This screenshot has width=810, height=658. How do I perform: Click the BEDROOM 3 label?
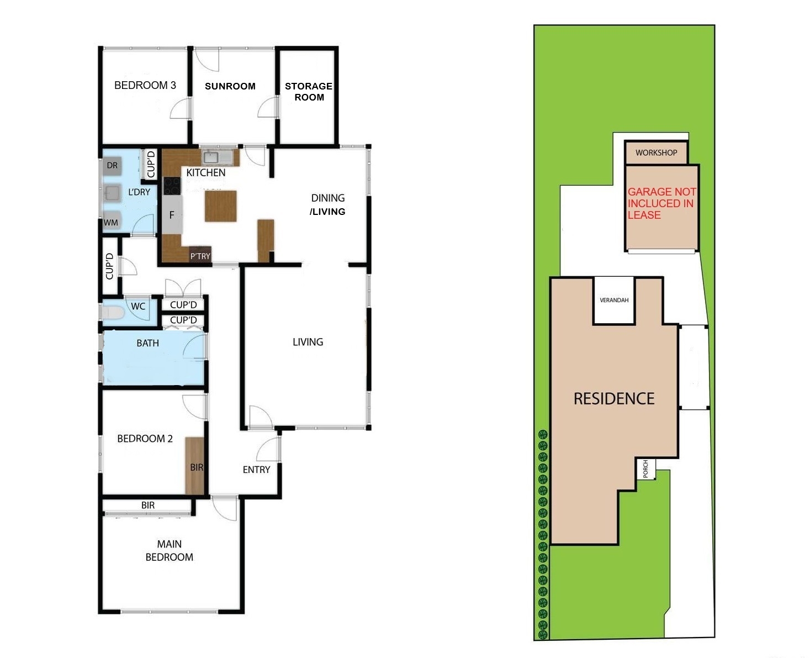pyautogui.click(x=145, y=85)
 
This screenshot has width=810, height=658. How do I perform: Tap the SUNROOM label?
pyautogui.click(x=230, y=86)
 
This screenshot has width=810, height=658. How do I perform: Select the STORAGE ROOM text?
pyautogui.click(x=308, y=92)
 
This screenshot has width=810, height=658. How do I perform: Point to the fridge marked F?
pyautogui.click(x=172, y=215)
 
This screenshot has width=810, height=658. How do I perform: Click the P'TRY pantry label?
pyautogui.click(x=200, y=256)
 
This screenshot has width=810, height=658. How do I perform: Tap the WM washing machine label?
pyautogui.click(x=111, y=223)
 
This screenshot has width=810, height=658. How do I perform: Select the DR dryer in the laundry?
pyautogui.click(x=112, y=165)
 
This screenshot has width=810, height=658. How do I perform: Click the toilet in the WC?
pyautogui.click(x=112, y=313)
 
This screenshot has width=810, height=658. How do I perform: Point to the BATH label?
pyautogui.click(x=147, y=343)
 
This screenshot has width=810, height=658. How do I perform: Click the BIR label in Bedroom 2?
pyautogui.click(x=197, y=467)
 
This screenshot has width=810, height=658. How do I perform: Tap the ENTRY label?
pyautogui.click(x=256, y=470)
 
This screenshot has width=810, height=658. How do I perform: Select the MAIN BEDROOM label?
pyautogui.click(x=169, y=551)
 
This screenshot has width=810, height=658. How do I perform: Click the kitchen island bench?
pyautogui.click(x=220, y=206)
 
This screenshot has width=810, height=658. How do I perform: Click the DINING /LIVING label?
pyautogui.click(x=328, y=204)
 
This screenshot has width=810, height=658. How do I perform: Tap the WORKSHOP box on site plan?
pyautogui.click(x=656, y=152)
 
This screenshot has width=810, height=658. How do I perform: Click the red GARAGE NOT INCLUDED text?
pyautogui.click(x=661, y=203)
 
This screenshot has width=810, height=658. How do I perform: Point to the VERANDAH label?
pyautogui.click(x=614, y=301)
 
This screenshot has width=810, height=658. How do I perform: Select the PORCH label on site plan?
pyautogui.click(x=645, y=469)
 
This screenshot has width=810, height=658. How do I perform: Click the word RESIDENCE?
pyautogui.click(x=614, y=399)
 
